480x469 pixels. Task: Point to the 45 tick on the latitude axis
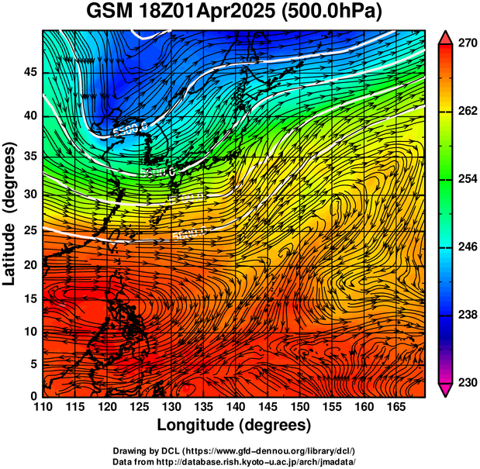click(x=30, y=72)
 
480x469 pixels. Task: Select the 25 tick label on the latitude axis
click(x=30, y=231)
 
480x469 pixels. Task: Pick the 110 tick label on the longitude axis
click(x=42, y=408)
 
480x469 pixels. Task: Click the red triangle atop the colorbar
click(x=446, y=36)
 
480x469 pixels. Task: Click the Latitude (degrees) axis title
click(x=11, y=213)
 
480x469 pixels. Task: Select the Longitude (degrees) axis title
click(x=234, y=425)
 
